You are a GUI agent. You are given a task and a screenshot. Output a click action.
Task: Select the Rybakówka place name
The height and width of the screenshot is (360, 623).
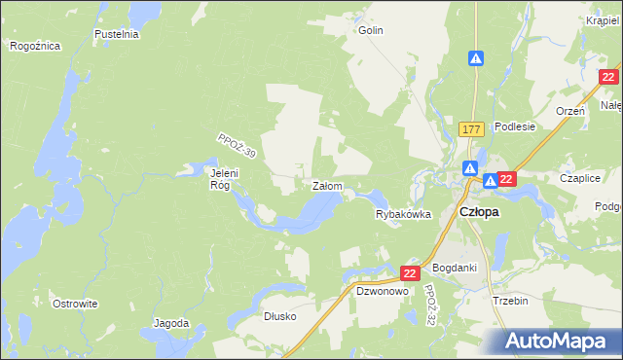coord(403,215)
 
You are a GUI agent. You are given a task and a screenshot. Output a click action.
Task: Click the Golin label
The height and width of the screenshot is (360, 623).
coord(370,30)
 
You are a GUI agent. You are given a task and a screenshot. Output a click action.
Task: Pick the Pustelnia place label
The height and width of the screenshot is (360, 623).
coord(117,34)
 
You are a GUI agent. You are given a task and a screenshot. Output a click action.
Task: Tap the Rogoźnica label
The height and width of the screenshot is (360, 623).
coord(35,46)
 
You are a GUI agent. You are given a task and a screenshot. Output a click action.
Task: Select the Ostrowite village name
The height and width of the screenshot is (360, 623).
coord(76,304)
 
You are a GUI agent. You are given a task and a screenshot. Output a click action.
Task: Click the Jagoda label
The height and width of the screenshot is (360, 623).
coord(171,322)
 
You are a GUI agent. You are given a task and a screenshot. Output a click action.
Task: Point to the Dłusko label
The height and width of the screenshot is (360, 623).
coord(279,316)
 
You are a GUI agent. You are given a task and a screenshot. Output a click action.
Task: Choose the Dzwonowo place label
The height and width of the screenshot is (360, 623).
coord(381,291)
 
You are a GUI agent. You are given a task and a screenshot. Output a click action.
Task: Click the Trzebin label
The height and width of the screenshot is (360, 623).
coord(510,301)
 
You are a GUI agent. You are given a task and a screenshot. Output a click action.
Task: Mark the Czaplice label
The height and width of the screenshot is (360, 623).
coord(580,178)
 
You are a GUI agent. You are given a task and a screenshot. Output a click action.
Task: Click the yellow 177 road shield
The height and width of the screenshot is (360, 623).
coord(472,129)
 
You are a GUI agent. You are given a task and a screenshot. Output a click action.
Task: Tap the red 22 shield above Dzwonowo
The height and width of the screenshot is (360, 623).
coord(410,274)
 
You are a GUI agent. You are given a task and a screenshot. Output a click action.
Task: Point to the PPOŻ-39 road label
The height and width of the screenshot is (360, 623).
coord(237,147)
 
